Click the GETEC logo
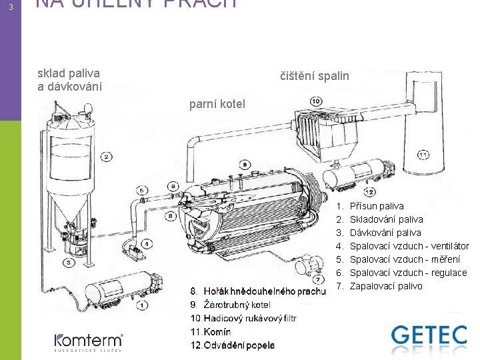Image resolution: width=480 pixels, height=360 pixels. (x=429, y=337)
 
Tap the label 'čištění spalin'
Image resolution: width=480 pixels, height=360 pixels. (x=314, y=76)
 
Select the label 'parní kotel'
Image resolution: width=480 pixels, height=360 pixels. (x=217, y=104)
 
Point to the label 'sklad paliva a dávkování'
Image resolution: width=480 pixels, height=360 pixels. (x=69, y=80)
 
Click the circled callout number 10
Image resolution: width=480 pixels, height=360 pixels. (x=315, y=101)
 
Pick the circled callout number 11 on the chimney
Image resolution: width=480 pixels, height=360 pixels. (x=423, y=155)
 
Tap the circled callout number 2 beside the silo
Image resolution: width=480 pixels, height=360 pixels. (x=107, y=157)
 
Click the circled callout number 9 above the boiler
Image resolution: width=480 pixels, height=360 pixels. (x=246, y=165)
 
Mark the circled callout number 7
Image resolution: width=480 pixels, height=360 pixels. (x=319, y=279)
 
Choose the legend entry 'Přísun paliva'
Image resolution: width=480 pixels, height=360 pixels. (x=376, y=206)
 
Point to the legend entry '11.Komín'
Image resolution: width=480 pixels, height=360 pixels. (x=211, y=331)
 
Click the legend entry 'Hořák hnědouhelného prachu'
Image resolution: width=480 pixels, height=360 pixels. (x=257, y=291)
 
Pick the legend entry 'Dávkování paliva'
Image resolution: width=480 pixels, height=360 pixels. (x=385, y=233)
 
